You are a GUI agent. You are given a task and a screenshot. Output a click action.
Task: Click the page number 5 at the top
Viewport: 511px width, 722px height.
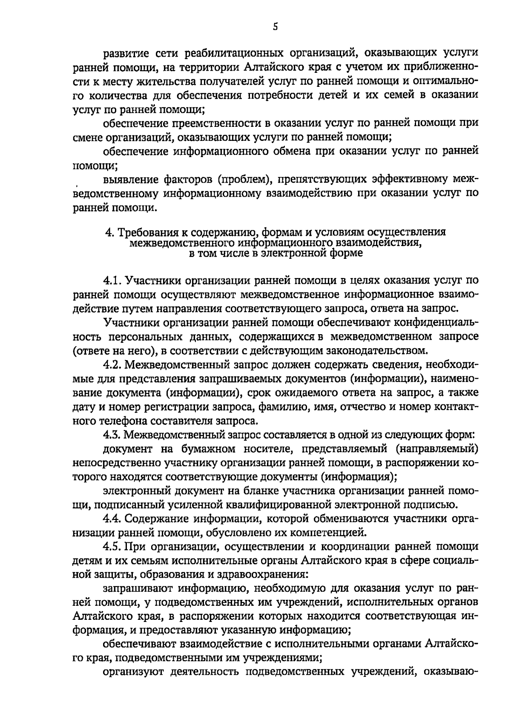[x=275, y=27]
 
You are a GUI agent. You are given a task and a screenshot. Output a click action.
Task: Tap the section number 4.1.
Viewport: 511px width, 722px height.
[x=112, y=280]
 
